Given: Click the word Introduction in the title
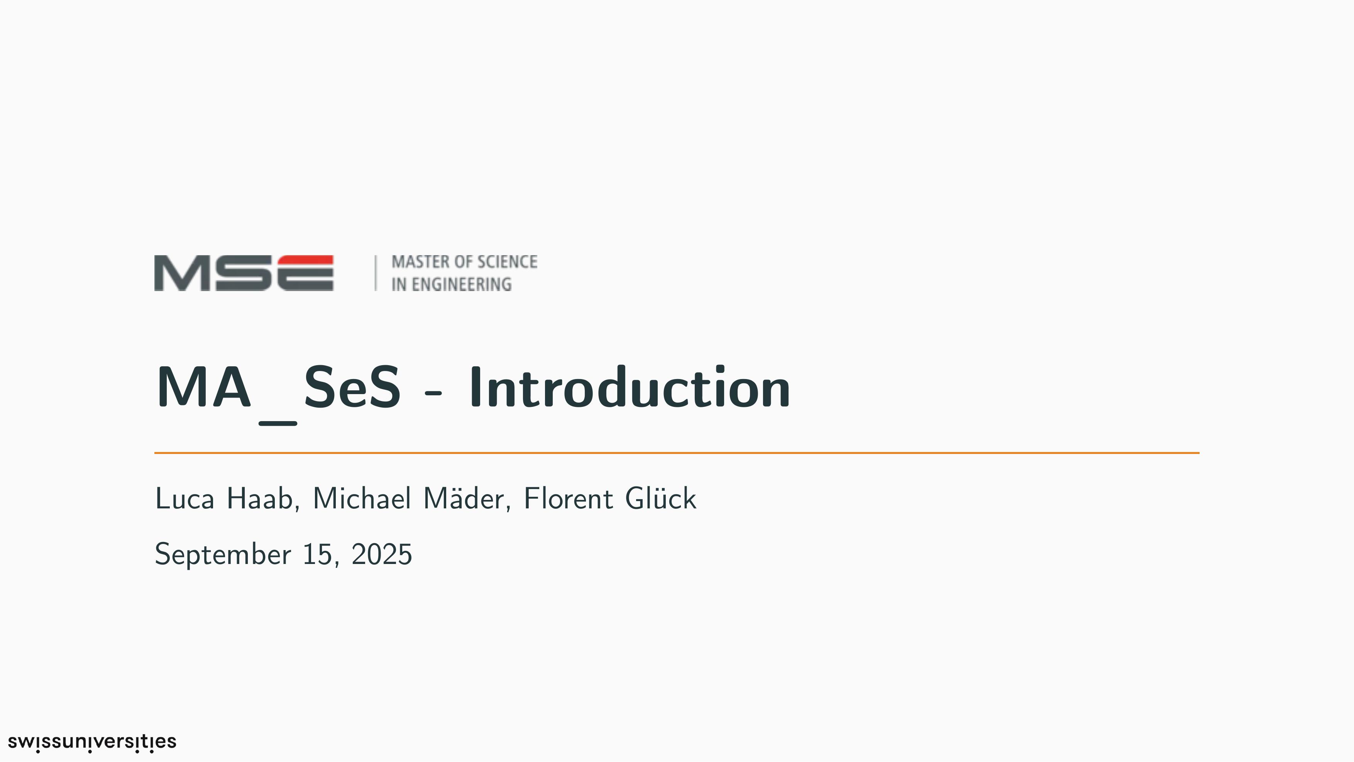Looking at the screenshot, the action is click(629, 387).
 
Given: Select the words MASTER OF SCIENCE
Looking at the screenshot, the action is click(464, 262).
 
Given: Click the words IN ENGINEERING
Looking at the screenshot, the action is click(451, 284).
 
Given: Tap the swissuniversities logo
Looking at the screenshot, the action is click(92, 742).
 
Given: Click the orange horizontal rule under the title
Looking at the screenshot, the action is click(677, 452).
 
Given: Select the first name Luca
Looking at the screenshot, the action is click(184, 498).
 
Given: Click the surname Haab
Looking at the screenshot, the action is click(263, 499).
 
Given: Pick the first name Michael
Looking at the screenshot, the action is click(362, 498).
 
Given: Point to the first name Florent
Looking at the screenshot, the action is click(568, 498).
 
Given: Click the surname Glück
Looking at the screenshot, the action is click(661, 498).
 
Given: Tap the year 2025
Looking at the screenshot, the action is click(382, 554).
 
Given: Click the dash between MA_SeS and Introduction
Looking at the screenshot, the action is click(433, 391).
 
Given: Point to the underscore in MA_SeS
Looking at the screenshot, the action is click(278, 423).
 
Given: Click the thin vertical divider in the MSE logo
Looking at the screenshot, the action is click(375, 273).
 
